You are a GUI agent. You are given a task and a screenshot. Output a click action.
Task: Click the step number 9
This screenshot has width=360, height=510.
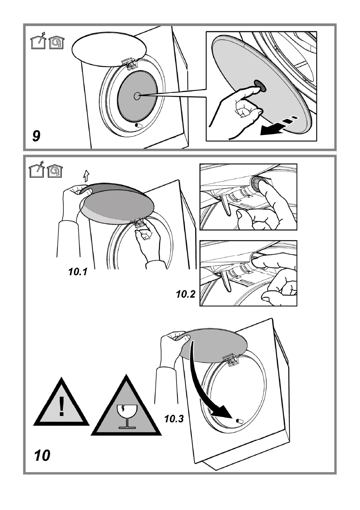(36, 136)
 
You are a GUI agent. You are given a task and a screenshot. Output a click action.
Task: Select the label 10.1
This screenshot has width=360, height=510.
(78, 272)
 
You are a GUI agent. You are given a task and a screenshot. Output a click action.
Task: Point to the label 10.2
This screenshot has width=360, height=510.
(185, 294)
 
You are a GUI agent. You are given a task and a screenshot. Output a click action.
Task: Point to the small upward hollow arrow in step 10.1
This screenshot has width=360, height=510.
(86, 176)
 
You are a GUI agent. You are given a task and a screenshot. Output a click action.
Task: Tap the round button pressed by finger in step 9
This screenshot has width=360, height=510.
(259, 86)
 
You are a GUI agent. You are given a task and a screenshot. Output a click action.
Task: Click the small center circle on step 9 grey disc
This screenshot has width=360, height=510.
(137, 96)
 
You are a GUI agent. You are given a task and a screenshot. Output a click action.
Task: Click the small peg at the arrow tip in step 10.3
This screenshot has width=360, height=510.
(240, 421)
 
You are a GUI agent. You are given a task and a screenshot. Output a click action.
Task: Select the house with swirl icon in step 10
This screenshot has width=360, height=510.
(55, 171)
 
